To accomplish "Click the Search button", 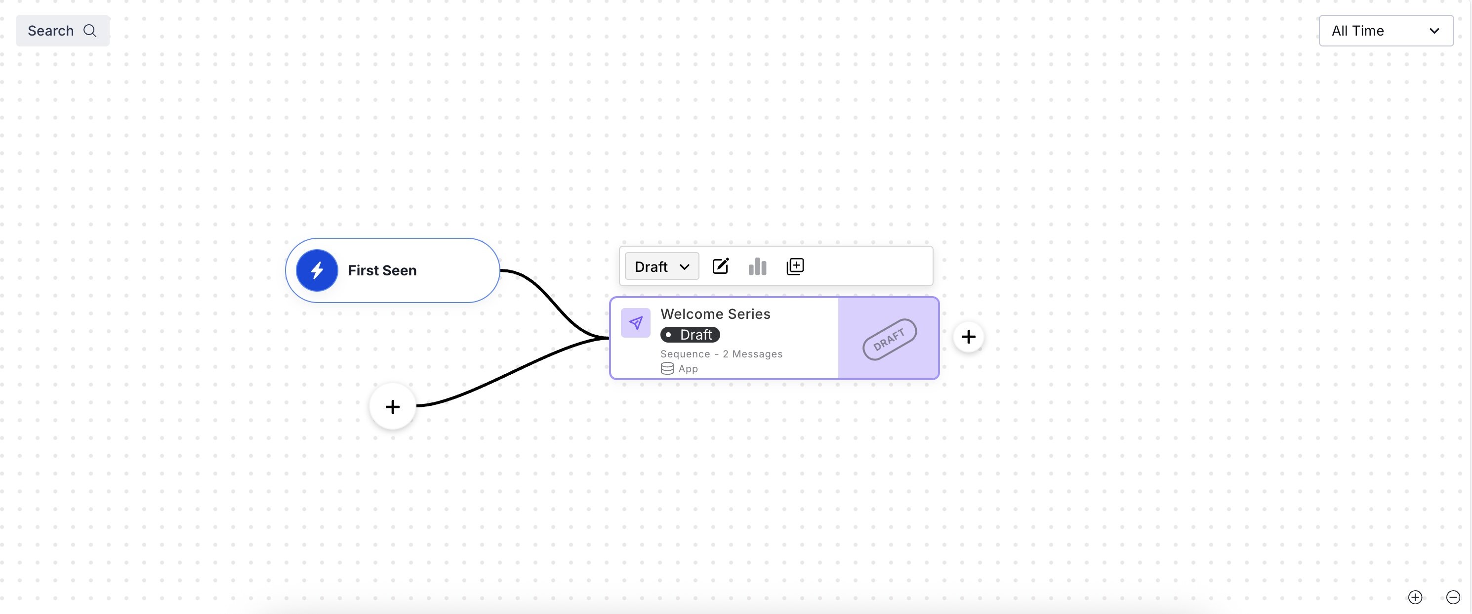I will pos(62,31).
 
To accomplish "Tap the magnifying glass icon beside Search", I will pos(90,31).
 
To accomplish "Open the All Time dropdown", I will pos(1385,31).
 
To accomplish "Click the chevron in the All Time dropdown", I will pos(1433,31).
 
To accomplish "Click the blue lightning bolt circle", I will pos(317,270).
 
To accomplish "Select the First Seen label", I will pos(382,270).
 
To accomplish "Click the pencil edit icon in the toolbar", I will pos(721,266).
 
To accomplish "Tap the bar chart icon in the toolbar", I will pos(757,266).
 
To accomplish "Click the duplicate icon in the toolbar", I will pos(795,266).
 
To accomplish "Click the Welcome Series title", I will pos(715,314).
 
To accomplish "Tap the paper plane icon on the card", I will pos(635,323).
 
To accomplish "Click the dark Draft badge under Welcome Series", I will pos(690,335).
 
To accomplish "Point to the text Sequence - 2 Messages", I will pos(721,354).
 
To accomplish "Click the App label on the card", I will pos(688,369).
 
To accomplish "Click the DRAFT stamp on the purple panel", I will pos(889,339).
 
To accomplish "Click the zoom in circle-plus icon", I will pos(1415,597).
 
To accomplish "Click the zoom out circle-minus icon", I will pos(1453,597).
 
